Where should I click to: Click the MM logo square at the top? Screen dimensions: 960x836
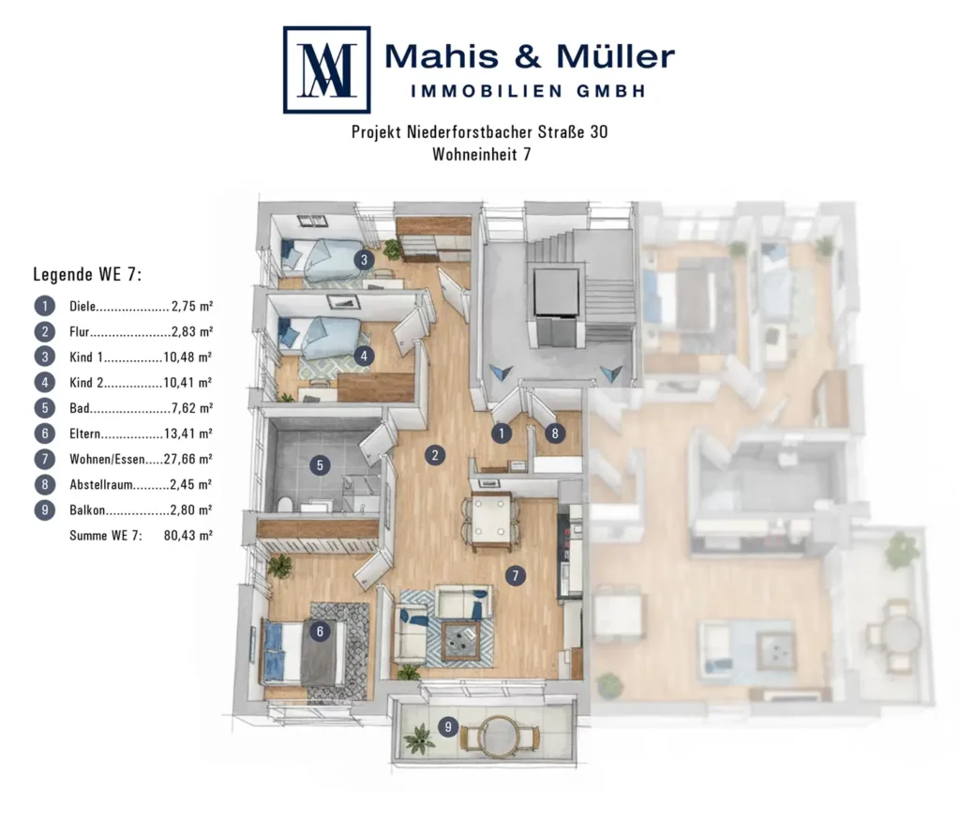327,69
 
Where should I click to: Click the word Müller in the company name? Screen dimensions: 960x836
615,57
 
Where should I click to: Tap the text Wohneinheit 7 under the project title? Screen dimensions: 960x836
482,154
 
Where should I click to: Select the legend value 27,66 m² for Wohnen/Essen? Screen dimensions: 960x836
187,459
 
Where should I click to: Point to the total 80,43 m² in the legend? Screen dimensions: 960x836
187,536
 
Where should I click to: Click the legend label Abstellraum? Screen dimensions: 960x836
101,485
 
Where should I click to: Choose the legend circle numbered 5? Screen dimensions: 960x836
45,407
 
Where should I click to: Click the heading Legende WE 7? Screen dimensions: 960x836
87,275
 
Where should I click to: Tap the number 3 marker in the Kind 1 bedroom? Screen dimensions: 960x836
364,260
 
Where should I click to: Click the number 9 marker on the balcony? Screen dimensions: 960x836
448,727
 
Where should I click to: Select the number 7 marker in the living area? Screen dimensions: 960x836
516,575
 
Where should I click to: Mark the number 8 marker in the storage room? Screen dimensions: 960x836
555,433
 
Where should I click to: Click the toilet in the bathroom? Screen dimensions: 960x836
285,505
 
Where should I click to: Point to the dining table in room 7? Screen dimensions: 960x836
491,520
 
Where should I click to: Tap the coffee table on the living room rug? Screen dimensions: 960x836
459,641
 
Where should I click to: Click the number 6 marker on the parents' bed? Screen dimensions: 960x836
320,631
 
